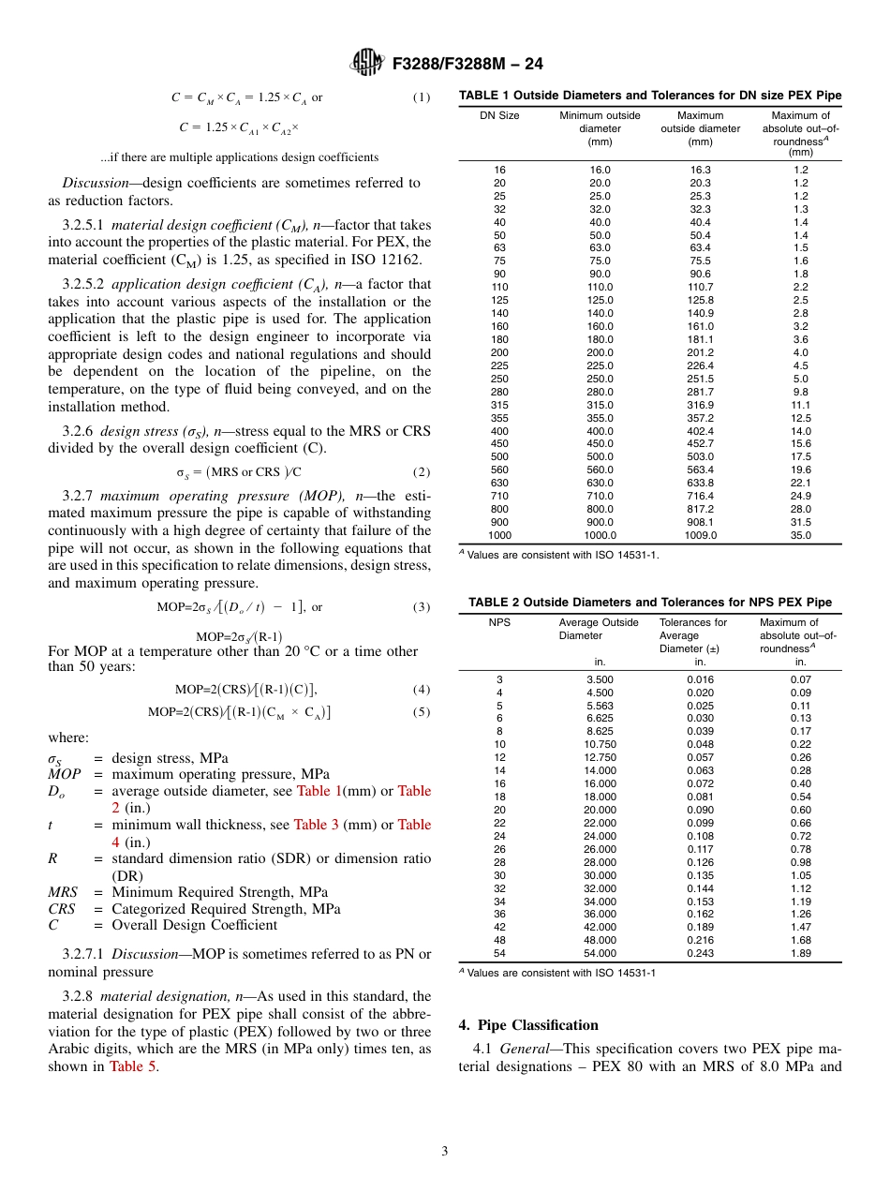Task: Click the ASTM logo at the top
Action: point(366,63)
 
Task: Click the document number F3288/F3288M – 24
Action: point(462,64)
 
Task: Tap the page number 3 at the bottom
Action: point(445,1152)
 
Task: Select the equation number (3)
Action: point(422,607)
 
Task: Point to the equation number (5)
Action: point(422,712)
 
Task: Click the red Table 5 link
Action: point(132,1065)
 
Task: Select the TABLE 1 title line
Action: point(649,96)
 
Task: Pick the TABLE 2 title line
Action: point(649,603)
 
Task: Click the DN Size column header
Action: point(499,116)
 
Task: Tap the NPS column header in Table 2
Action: point(499,623)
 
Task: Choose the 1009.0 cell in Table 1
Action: point(700,536)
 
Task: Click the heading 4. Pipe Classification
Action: point(528,1025)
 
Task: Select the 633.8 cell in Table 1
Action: point(700,484)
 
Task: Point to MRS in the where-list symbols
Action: point(63,892)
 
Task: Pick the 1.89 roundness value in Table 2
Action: point(799,953)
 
